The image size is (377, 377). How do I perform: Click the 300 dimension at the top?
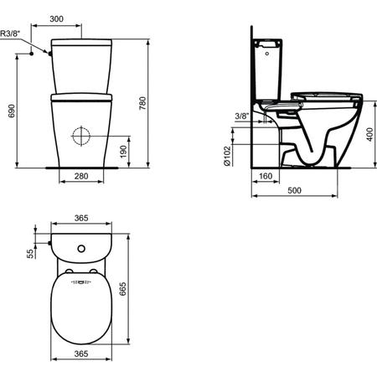pos(56,19)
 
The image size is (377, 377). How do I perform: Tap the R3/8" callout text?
pos(10,34)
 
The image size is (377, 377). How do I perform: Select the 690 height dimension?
pos(11,111)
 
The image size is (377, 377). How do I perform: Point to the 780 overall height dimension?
pos(142,103)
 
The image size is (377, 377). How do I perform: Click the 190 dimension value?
pos(123,152)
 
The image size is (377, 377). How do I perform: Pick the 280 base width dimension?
pos(81,176)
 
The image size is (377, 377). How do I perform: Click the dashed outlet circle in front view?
pos(81,136)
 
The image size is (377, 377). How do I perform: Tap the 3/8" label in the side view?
pos(242,116)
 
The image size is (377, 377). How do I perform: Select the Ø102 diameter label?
pos(228,156)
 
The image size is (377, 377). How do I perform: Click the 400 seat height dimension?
pos(370,134)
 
